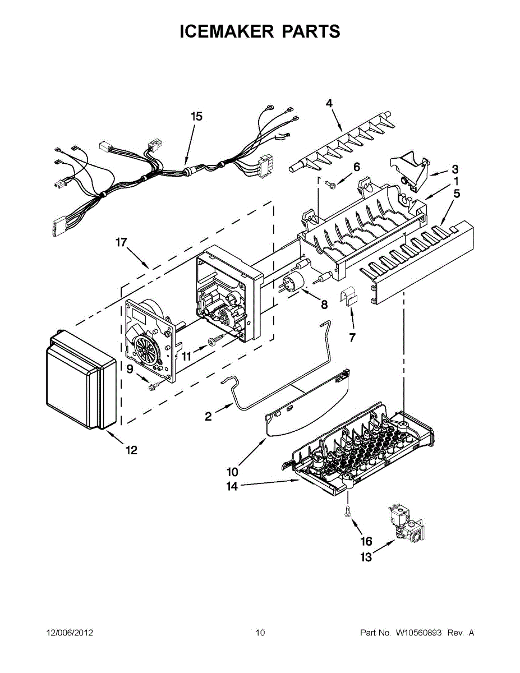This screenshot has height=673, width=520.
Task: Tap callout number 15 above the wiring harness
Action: [196, 117]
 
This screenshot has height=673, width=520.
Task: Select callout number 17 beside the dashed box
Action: [121, 242]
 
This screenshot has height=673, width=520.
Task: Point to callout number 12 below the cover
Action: [131, 450]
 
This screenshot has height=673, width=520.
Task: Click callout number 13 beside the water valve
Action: [366, 557]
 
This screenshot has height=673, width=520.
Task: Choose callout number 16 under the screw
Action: [366, 541]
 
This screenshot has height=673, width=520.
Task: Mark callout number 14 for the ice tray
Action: [232, 486]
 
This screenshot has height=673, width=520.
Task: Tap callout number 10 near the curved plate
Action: [232, 471]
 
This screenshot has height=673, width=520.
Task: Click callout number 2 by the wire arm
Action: [208, 416]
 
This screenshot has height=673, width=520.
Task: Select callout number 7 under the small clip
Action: [352, 338]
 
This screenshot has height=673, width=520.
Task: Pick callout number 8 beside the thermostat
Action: [324, 305]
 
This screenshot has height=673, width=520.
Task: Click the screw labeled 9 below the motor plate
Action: [154, 386]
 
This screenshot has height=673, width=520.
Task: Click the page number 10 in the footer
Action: [260, 633]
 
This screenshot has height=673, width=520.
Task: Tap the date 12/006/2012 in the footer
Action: [70, 633]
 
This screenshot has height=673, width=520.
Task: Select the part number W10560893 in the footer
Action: [419, 633]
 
